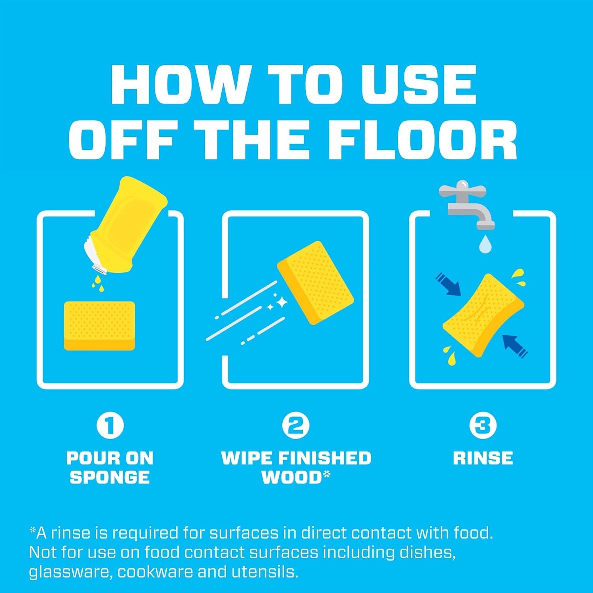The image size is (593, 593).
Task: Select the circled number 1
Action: (x=110, y=425)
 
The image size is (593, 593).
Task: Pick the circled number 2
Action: (x=296, y=425)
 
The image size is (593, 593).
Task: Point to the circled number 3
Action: (x=483, y=425)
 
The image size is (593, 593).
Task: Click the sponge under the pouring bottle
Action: (x=99, y=326)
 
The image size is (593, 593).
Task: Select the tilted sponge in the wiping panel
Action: (x=315, y=283)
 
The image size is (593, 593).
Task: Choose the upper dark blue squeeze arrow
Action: (x=448, y=283)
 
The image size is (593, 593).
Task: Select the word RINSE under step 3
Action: (x=483, y=458)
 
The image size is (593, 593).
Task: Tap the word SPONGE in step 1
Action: (x=110, y=477)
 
